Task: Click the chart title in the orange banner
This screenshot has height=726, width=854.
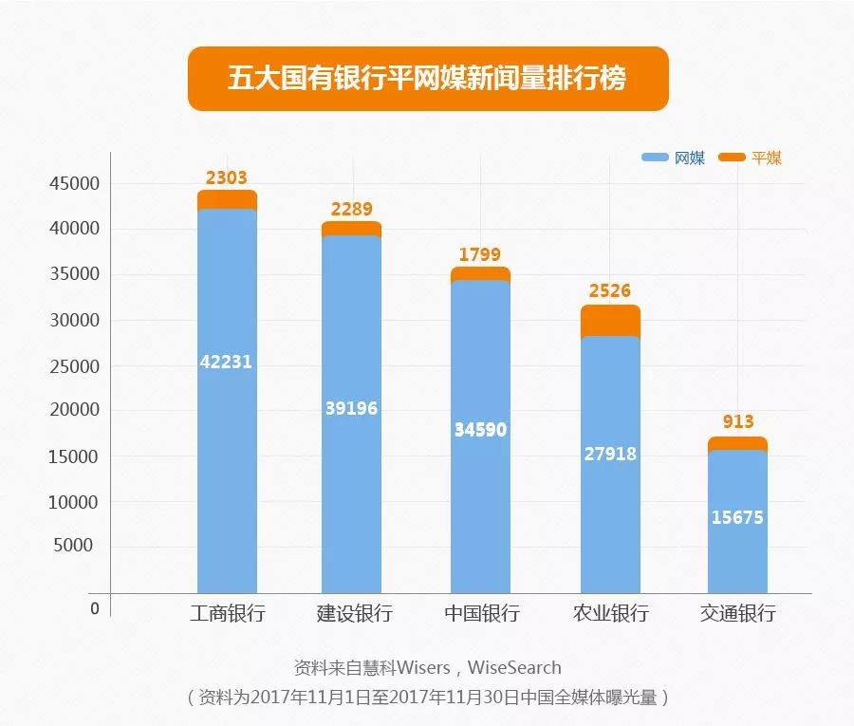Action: point(427,78)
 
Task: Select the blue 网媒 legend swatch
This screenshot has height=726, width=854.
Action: point(655,158)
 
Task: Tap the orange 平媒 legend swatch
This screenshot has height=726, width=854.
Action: point(733,158)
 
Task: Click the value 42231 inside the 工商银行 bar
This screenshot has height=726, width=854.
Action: point(226,362)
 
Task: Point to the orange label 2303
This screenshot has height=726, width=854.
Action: point(226,177)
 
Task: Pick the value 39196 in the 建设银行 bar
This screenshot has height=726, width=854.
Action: point(351,408)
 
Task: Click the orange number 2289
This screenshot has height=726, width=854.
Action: point(351,209)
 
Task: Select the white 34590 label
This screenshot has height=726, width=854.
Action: point(480,430)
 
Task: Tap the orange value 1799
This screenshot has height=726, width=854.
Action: point(480,254)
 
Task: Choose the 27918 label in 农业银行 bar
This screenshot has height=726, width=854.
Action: point(610,454)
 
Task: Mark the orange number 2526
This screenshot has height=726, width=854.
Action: point(610,290)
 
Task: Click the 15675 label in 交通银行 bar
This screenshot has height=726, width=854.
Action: point(737,518)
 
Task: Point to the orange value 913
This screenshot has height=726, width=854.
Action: point(737,422)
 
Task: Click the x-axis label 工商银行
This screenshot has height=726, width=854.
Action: point(227,613)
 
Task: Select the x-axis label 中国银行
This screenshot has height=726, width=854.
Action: point(482,613)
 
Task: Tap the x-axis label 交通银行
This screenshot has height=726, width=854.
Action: point(738,613)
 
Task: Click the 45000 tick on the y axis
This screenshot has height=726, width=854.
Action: point(74,184)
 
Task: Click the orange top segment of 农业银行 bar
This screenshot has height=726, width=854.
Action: point(610,321)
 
